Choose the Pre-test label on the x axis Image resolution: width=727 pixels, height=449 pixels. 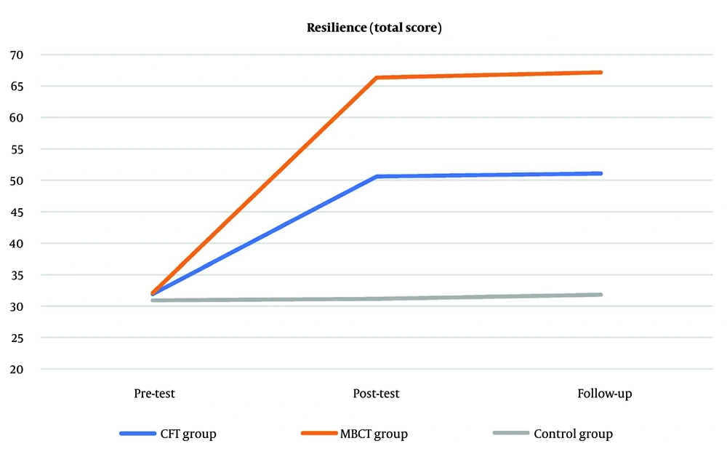pos(154,394)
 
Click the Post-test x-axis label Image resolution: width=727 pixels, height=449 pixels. pos(375,394)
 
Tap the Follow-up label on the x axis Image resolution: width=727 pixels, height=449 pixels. pos(605,394)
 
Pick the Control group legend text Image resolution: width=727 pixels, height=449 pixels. pos(573,434)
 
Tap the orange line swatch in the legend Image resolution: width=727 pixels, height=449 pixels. pos(318,434)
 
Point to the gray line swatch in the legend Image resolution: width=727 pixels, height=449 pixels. pos(510,434)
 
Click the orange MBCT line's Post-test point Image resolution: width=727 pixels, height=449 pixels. pos(377,78)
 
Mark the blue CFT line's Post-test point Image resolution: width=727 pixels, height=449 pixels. pos(377,176)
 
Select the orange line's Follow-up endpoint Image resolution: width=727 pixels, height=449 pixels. pos(601,72)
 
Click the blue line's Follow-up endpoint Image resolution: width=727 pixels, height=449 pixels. pos(601,173)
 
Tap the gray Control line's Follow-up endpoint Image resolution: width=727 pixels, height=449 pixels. pos(601,295)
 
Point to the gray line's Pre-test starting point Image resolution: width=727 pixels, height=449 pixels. pos(153,301)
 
